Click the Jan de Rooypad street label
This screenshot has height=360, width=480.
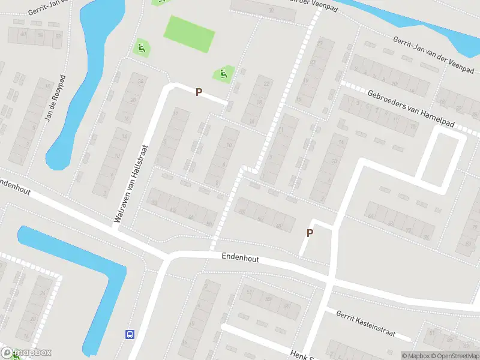tap(55, 98)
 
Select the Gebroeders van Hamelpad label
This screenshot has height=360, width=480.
tap(411, 108)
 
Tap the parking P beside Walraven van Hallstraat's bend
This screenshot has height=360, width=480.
tap(199, 92)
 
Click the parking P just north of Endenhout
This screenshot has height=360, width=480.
tap(310, 233)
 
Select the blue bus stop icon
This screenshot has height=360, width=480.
tap(128, 334)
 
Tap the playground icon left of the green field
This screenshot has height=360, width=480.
tap(140, 48)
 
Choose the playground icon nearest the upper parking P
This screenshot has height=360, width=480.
tap(223, 74)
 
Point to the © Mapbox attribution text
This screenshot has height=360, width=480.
tap(416, 356)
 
